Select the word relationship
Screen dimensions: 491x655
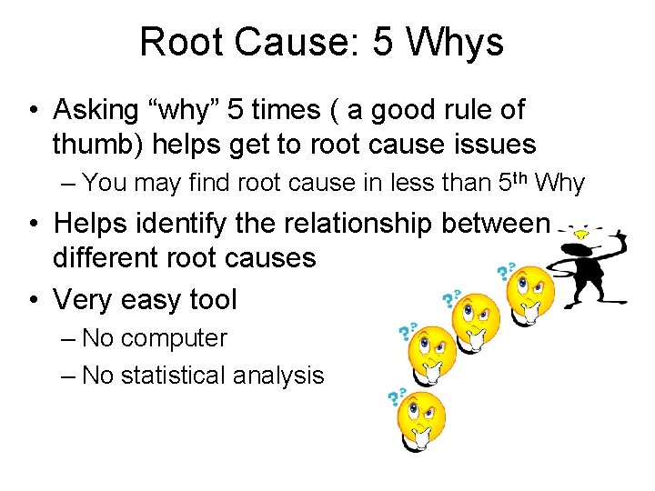point(363,223)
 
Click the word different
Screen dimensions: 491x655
point(113,257)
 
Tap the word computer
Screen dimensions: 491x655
point(174,338)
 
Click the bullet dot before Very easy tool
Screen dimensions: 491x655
point(34,298)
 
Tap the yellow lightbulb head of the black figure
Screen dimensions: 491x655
point(580,233)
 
